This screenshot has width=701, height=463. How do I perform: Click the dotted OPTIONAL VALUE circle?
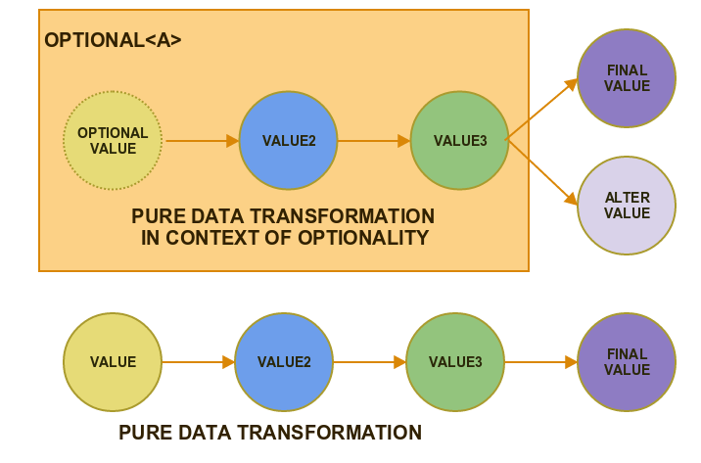coord(113,140)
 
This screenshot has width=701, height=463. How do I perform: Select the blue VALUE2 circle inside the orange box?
coord(289,140)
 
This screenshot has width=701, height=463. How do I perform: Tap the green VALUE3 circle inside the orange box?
coord(460,140)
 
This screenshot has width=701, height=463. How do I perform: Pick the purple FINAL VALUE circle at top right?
coord(627,78)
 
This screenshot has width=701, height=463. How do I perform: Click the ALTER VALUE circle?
coord(627,206)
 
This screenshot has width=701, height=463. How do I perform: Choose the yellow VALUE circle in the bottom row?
coord(113,362)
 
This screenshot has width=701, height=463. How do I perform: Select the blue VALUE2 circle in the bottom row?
coord(284,362)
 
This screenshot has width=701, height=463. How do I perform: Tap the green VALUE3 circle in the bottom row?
coord(455,362)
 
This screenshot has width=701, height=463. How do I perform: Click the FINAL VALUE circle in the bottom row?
coord(627,362)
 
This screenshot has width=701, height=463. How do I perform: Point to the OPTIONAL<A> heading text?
coord(113,40)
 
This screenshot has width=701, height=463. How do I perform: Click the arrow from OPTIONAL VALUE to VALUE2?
coord(201,141)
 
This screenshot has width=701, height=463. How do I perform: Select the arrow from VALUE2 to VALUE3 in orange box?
coord(373,141)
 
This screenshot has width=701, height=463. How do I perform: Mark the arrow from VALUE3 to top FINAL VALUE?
coord(541,110)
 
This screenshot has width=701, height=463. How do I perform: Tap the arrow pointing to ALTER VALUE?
coord(541,172)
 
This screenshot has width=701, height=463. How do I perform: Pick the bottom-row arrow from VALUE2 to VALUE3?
coord(369,362)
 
